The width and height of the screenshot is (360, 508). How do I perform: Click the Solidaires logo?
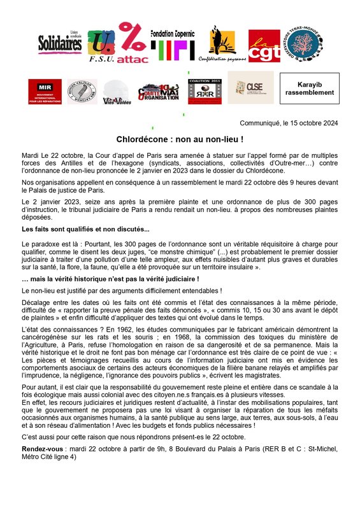(59, 47)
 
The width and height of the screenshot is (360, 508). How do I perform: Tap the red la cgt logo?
(263, 46)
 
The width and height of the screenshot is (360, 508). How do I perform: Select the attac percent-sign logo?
(133, 45)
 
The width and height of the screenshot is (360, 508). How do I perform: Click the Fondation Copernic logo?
(172, 44)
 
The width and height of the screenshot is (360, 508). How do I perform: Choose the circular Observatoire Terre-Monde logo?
(303, 43)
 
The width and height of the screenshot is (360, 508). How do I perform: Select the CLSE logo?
(250, 88)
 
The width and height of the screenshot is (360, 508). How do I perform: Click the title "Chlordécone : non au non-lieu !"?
(180, 138)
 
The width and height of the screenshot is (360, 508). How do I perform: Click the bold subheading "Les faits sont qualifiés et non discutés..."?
(76, 229)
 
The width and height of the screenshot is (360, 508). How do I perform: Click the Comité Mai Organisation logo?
(157, 92)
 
